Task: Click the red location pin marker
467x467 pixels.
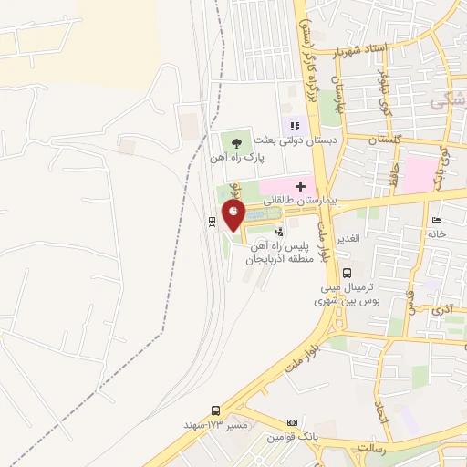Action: pos(234,214)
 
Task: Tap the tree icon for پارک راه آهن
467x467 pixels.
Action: pos(237,141)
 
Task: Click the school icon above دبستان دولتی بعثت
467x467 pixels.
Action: pos(295,126)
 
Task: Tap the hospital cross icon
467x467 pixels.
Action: pos(299,185)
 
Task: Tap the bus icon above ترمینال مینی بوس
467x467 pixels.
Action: pos(347,272)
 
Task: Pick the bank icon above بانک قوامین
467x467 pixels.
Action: pos(292,422)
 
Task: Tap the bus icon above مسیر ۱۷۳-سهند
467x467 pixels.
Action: pos(215,410)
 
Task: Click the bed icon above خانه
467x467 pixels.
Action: pos(436,220)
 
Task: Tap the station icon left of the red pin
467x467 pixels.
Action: pos(212,219)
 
